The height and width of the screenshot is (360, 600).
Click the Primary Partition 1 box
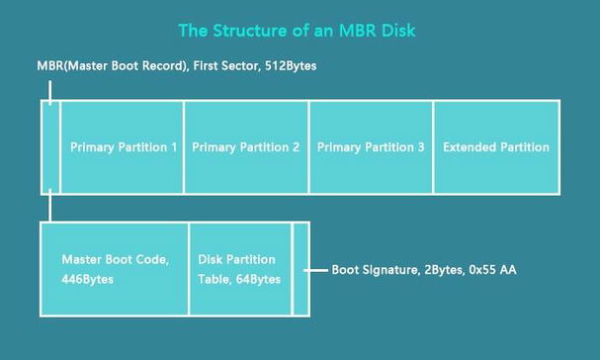click(x=122, y=147)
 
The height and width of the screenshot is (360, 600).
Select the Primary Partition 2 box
click(x=246, y=147)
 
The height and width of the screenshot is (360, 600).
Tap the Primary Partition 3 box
click(x=371, y=147)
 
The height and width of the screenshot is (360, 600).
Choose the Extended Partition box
click(x=496, y=147)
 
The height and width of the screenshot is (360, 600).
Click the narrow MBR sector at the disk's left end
click(x=50, y=147)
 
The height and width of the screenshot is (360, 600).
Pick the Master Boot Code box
click(x=114, y=269)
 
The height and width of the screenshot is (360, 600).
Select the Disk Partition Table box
click(x=239, y=269)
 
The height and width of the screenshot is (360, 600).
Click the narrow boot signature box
click(x=300, y=269)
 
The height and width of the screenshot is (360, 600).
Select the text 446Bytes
click(x=88, y=280)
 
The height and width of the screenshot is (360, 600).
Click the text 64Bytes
click(x=257, y=280)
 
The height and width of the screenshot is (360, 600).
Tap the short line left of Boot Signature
click(x=317, y=269)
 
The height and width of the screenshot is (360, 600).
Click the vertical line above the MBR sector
click(x=50, y=89)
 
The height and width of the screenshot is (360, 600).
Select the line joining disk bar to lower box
click(x=50, y=208)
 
